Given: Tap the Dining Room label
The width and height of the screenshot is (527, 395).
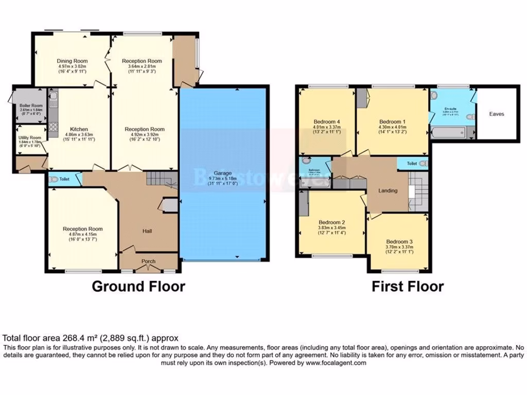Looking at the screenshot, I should (x=72, y=61).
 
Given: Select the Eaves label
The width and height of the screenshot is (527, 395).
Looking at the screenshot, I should (x=496, y=114).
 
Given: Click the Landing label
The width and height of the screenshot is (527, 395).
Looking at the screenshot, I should (x=388, y=191).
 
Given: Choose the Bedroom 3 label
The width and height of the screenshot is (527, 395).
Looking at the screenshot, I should (x=400, y=241).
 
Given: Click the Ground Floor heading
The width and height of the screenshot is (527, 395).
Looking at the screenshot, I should (x=138, y=286).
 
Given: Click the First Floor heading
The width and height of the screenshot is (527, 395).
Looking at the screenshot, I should (x=408, y=286).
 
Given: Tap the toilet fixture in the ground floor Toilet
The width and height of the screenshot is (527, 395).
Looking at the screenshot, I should (x=54, y=179).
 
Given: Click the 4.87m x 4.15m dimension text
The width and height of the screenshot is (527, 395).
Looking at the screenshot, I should (x=82, y=235).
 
